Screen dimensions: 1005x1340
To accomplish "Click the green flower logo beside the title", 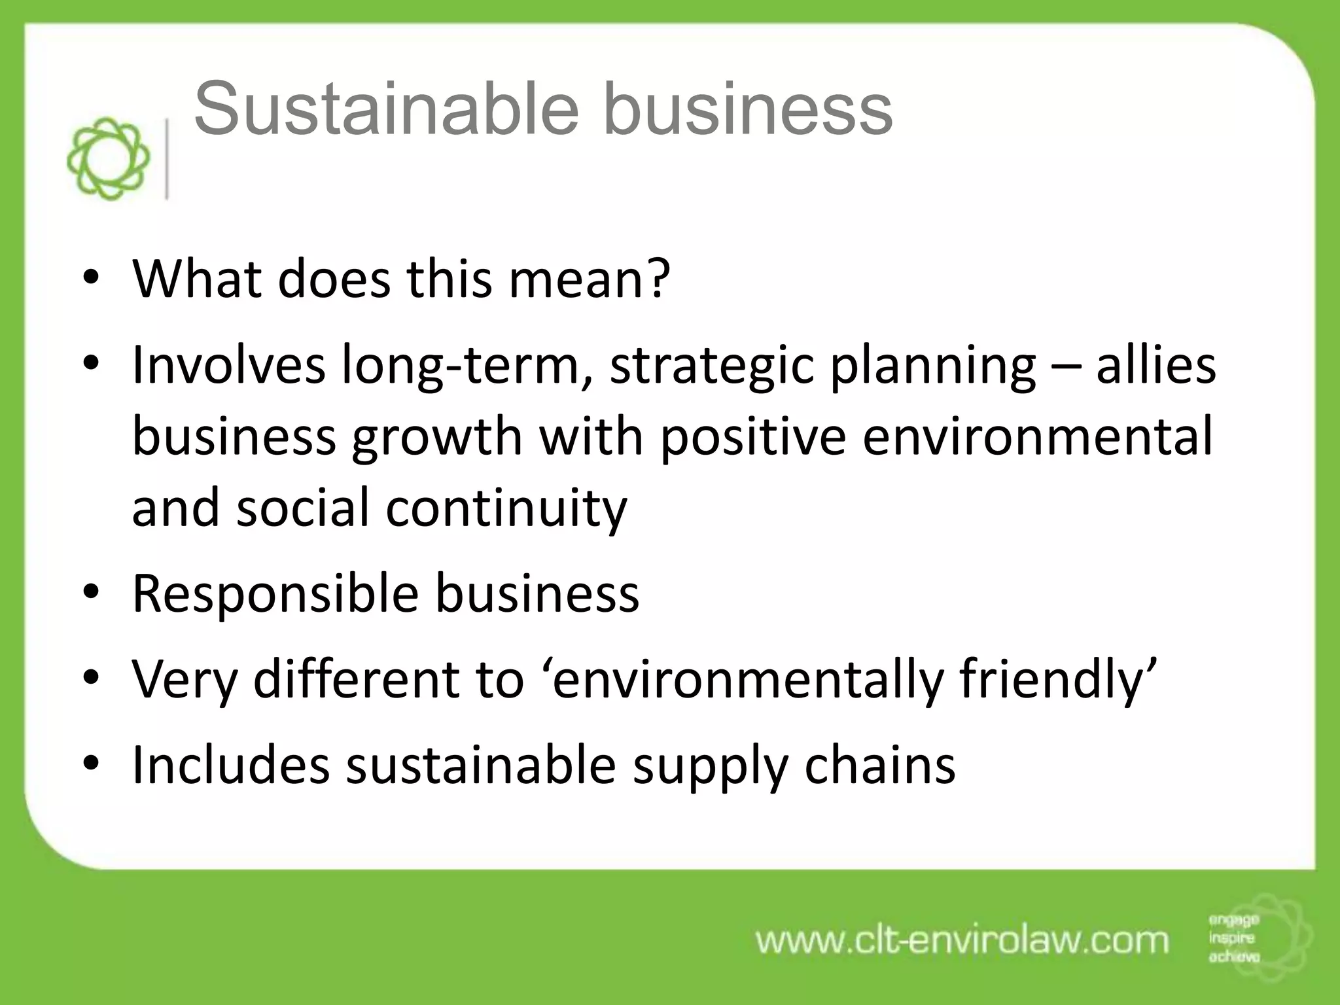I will click(108, 159).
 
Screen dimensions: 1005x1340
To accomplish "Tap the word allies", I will click(1156, 365).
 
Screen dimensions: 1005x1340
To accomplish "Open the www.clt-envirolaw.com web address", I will click(962, 941).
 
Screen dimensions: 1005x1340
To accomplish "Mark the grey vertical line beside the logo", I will click(168, 159).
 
